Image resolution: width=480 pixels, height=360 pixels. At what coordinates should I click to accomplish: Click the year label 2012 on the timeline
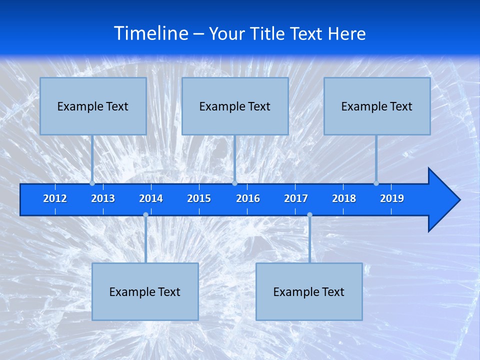click(55, 198)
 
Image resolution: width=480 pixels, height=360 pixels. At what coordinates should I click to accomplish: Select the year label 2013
click(103, 198)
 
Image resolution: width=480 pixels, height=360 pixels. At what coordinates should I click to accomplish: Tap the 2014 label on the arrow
click(151, 198)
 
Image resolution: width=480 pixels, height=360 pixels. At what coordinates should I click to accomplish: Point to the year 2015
click(199, 198)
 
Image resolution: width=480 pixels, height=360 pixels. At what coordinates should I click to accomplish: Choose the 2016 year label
click(248, 198)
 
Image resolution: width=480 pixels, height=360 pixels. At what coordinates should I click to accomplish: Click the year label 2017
click(296, 198)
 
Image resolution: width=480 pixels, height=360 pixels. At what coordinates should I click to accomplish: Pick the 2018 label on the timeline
click(344, 198)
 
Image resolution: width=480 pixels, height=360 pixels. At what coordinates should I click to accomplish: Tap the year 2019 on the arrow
click(392, 198)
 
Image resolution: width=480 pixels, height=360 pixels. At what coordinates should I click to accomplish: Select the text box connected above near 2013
click(93, 106)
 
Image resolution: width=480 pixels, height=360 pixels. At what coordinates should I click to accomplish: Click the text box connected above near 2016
click(235, 106)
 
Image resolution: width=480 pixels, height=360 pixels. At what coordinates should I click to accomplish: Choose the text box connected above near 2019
click(377, 106)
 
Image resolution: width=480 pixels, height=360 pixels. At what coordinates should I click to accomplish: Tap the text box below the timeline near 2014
click(145, 291)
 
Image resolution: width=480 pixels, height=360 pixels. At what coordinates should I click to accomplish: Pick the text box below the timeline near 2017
click(309, 291)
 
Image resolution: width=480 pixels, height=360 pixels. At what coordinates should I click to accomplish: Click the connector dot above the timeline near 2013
click(92, 183)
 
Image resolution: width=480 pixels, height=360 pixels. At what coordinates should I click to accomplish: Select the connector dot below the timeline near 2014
click(145, 215)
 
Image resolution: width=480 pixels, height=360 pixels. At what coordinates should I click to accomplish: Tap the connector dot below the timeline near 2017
click(309, 215)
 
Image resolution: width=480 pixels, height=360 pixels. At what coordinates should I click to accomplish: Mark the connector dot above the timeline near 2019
click(376, 183)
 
